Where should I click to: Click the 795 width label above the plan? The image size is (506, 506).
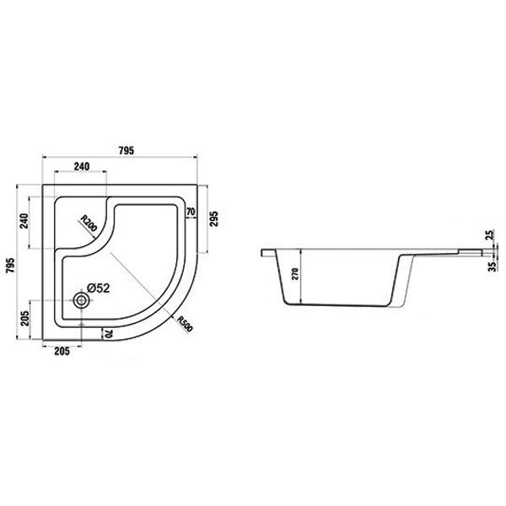pos(126,151)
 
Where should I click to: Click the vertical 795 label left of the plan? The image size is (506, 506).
pos(11,266)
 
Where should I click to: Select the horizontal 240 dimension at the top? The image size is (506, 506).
pos(82,166)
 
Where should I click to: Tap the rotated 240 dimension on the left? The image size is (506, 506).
pos(24,221)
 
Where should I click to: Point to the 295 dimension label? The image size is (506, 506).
pos(214,218)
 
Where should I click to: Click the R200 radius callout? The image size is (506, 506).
pos(89,223)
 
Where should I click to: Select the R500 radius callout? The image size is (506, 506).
pos(186,324)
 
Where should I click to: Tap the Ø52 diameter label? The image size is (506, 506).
pos(99,288)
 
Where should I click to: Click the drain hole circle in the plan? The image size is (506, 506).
pos(81,300)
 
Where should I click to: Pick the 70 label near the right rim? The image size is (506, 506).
pos(191,212)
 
